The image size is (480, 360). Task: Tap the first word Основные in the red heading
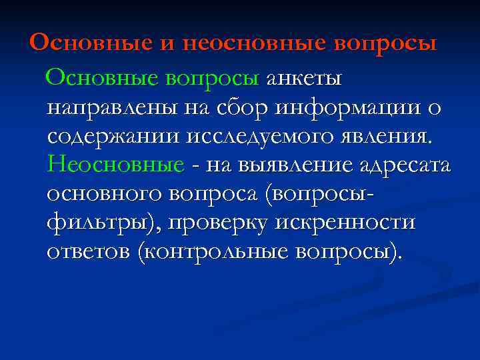coord(92,44)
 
